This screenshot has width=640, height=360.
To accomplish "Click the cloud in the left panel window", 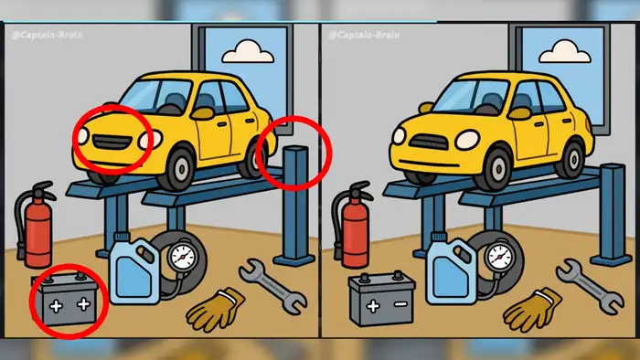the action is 248,52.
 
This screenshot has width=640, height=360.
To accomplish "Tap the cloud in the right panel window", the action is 565,52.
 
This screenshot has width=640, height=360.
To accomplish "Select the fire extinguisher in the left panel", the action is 36,225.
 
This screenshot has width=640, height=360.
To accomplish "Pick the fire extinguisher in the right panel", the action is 353,225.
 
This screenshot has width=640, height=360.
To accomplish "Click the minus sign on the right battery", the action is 400,303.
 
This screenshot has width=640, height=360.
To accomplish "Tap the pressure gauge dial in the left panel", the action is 183,257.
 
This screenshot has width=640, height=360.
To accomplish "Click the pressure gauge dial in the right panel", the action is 499,257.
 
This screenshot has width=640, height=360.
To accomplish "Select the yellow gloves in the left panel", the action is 217,310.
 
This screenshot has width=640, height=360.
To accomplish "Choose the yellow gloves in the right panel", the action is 533,310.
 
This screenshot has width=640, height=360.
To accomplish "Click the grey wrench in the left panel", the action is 272,286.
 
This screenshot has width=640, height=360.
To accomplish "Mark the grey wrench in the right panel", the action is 590,286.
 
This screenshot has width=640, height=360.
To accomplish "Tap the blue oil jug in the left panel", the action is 134,270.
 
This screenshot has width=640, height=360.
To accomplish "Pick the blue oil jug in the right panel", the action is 452,270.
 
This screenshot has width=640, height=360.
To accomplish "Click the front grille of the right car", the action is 429,142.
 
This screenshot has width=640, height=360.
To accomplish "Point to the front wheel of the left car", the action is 179,168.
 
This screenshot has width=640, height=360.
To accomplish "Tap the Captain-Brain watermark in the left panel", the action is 47,35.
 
